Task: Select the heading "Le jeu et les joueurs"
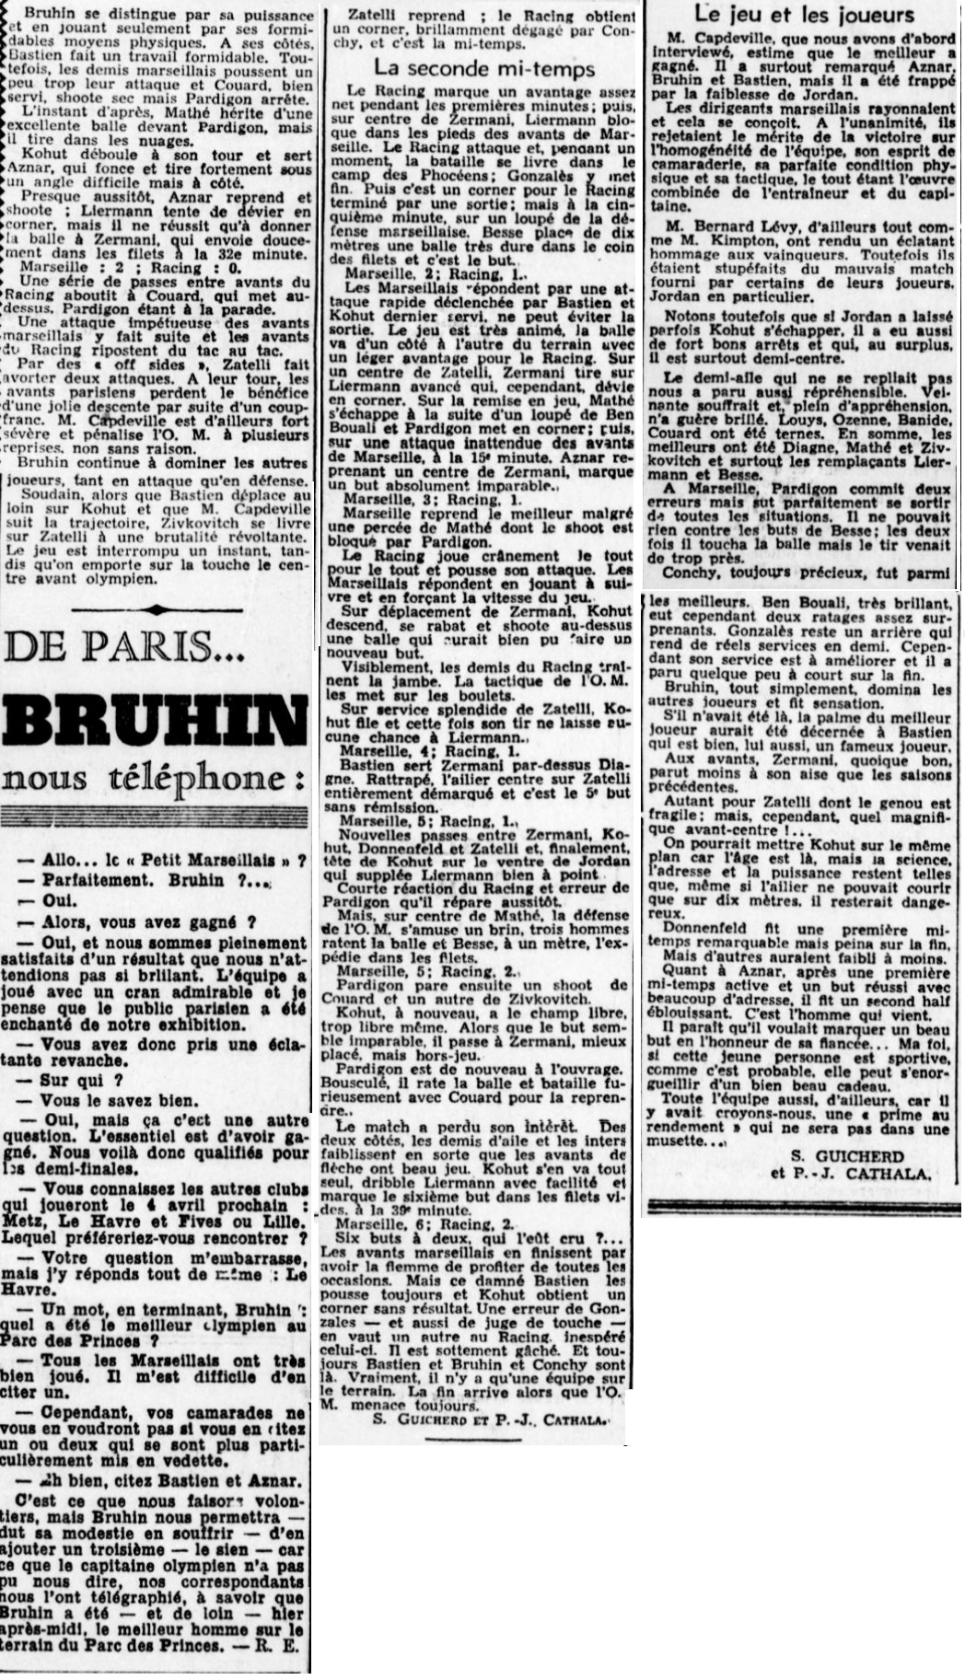[804, 14]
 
